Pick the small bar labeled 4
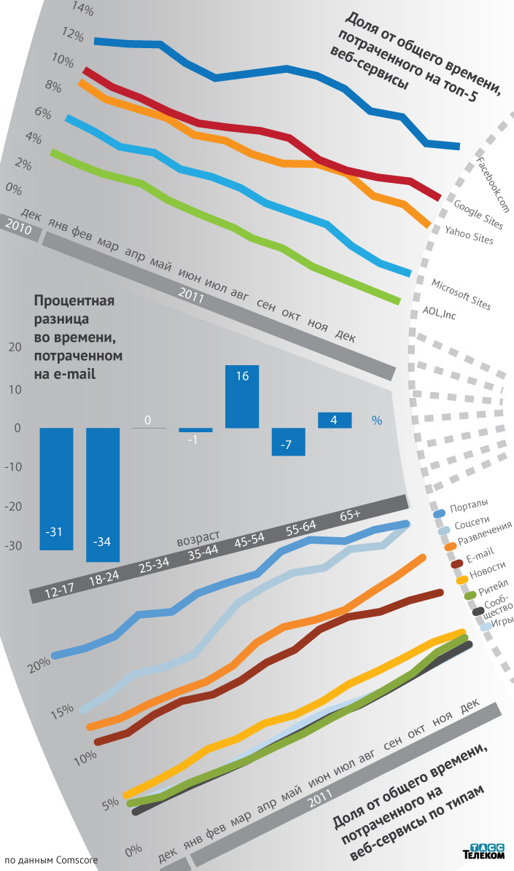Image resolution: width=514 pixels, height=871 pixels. [335, 420]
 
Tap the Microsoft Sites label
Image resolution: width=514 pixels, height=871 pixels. [461, 294]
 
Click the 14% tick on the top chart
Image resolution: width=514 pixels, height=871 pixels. [63, 10]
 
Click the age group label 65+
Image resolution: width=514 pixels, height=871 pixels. [350, 516]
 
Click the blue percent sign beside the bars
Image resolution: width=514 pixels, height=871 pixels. [377, 421]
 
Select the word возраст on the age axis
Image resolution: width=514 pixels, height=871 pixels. [200, 540]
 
